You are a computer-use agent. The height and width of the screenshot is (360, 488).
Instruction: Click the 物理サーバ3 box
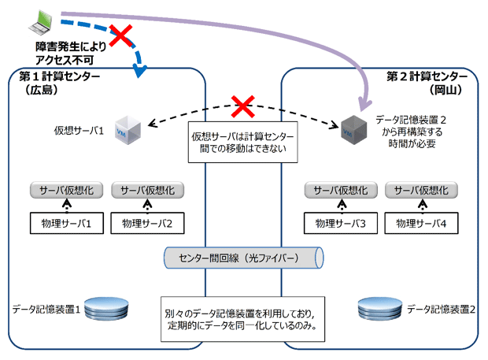coord(340,223)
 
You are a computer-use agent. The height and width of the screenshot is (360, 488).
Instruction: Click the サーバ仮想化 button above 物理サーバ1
coord(66,190)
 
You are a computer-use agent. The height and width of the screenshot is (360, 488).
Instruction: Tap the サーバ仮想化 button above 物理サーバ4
coord(423,190)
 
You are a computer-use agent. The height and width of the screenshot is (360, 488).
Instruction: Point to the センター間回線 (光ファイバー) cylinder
coord(242,258)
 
